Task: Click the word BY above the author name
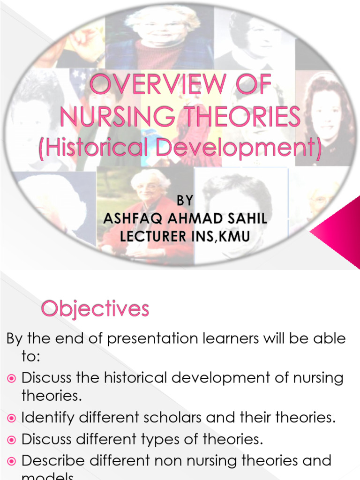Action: click(x=185, y=201)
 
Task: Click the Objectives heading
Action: click(x=95, y=309)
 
